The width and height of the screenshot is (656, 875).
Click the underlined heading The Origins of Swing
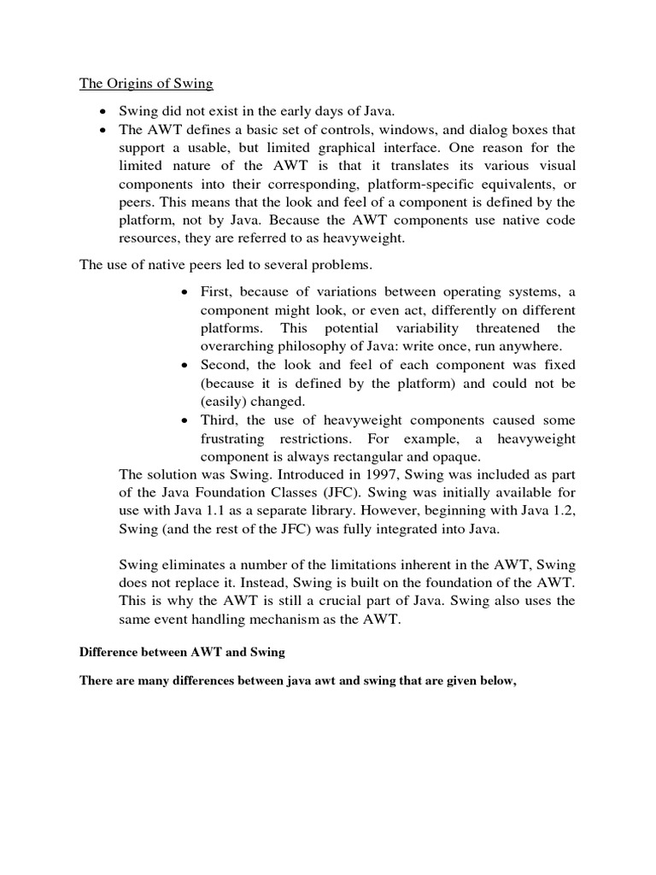(146, 84)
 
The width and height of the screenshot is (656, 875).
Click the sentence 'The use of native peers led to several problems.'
(227, 264)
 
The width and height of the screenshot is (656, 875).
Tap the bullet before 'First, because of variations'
(186, 291)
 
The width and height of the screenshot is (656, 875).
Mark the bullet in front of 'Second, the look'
(186, 365)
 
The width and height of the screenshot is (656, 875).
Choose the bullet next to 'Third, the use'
(186, 420)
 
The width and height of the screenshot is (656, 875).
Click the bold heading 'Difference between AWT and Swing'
(182, 652)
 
